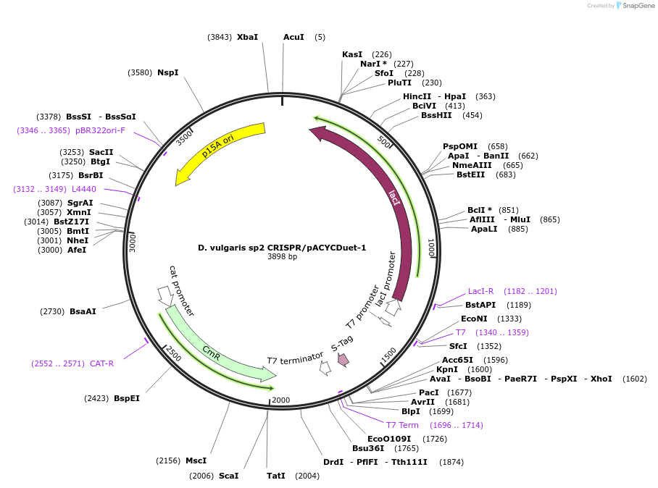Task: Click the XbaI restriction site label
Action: click(247, 37)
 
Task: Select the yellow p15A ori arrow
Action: click(221, 149)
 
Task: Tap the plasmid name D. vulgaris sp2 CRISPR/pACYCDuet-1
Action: click(282, 248)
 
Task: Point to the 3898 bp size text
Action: click(282, 257)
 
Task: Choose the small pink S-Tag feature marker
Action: click(343, 359)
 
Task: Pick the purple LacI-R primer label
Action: click(480, 291)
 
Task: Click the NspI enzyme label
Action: click(167, 72)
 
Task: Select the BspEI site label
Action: click(127, 398)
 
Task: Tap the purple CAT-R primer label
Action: click(101, 363)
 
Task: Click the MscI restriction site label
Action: click(196, 460)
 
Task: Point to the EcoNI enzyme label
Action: click(475, 319)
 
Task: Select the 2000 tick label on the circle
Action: click(280, 400)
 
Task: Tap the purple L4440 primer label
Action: click(84, 189)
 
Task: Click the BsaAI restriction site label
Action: click(83, 311)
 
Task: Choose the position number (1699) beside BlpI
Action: click(441, 411)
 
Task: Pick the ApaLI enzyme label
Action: click(484, 229)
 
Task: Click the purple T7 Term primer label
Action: click(402, 425)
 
